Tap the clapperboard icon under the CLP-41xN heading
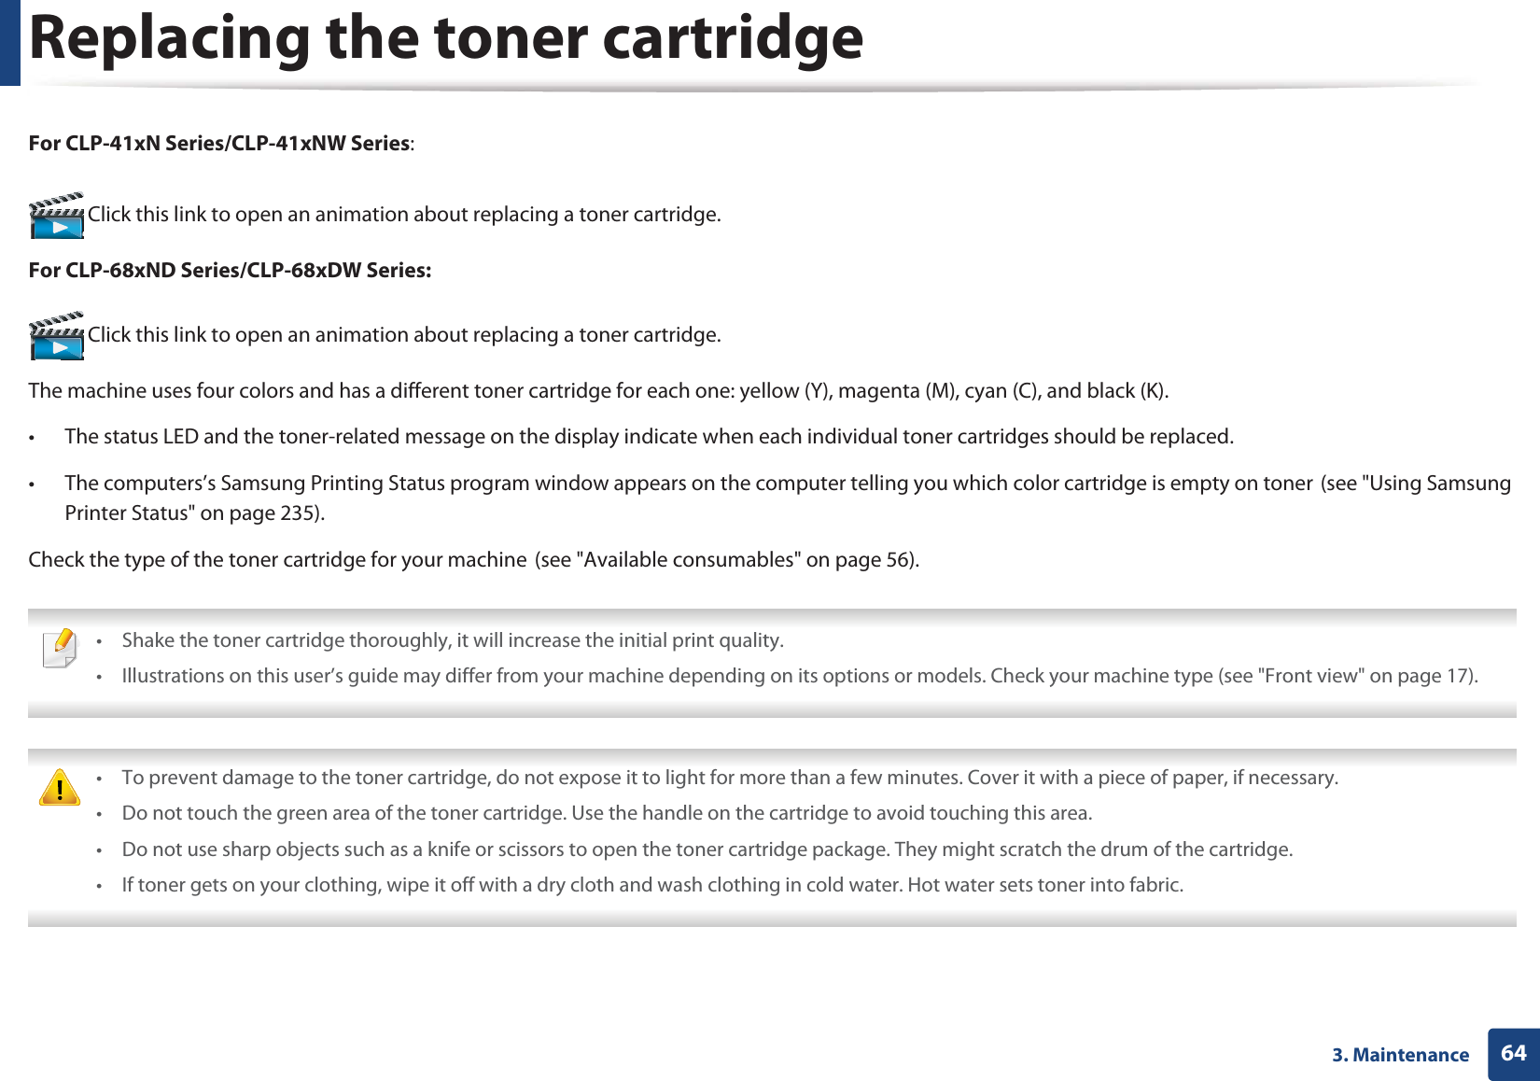tap(57, 216)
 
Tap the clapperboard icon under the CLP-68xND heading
tap(57, 336)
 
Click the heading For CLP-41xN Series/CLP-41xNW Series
tap(219, 144)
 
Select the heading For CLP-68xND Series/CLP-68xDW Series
tap(230, 271)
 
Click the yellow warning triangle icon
tap(60, 788)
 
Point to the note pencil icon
tap(61, 648)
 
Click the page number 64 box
tap(1513, 1054)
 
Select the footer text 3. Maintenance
tap(1400, 1055)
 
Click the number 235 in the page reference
tap(298, 513)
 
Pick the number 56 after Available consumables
tap(897, 560)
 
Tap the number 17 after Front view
tap(1457, 676)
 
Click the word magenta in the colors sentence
tap(878, 391)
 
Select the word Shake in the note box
tap(147, 640)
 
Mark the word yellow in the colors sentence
tap(769, 391)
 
